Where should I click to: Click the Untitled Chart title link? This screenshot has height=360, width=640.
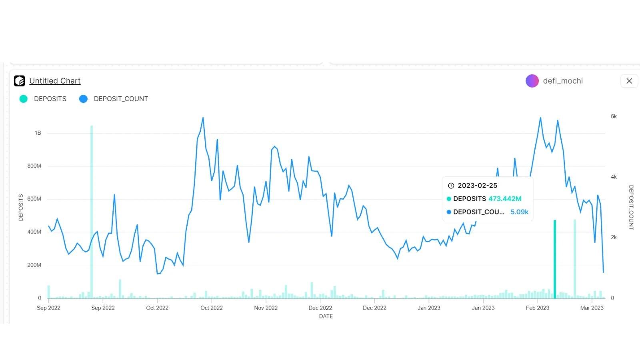(55, 81)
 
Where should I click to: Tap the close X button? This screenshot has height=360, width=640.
(629, 81)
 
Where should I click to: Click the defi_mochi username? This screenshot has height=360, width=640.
(563, 81)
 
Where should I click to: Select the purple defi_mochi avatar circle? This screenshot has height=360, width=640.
(532, 81)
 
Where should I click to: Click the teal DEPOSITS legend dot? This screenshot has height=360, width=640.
(24, 99)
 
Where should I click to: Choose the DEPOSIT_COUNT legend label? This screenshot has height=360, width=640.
(121, 99)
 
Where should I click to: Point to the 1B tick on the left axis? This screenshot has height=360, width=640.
(38, 133)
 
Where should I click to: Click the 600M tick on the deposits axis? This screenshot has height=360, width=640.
(34, 199)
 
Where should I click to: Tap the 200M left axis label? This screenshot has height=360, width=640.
(34, 265)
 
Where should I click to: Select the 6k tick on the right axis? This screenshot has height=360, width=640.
(614, 116)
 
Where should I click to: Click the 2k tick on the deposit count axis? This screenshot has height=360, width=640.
(614, 237)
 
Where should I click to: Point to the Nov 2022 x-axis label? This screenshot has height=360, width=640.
(266, 308)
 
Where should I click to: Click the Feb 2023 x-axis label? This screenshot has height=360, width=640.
(537, 308)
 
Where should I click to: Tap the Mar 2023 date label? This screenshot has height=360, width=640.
(592, 308)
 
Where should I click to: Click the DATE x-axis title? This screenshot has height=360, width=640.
(326, 316)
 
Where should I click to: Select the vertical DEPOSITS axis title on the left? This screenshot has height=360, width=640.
(21, 207)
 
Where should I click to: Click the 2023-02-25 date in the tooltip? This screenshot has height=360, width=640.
(477, 186)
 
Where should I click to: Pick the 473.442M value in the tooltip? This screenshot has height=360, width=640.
(505, 199)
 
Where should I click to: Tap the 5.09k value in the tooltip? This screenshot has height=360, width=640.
(519, 212)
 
